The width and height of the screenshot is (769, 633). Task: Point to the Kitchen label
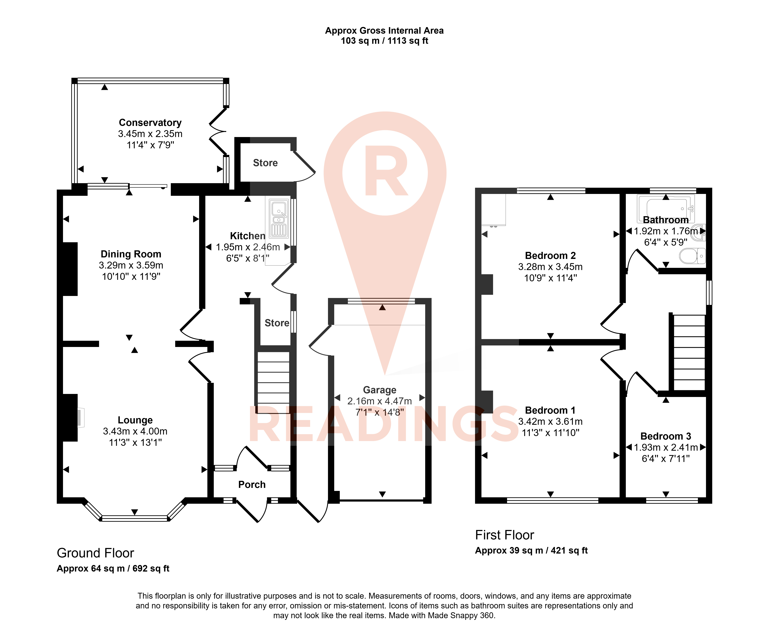pos(248,236)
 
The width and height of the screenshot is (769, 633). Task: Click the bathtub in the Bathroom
pos(666,209)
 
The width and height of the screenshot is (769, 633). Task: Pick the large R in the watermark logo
pos(386,170)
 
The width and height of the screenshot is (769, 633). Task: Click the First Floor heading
pos(505,535)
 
